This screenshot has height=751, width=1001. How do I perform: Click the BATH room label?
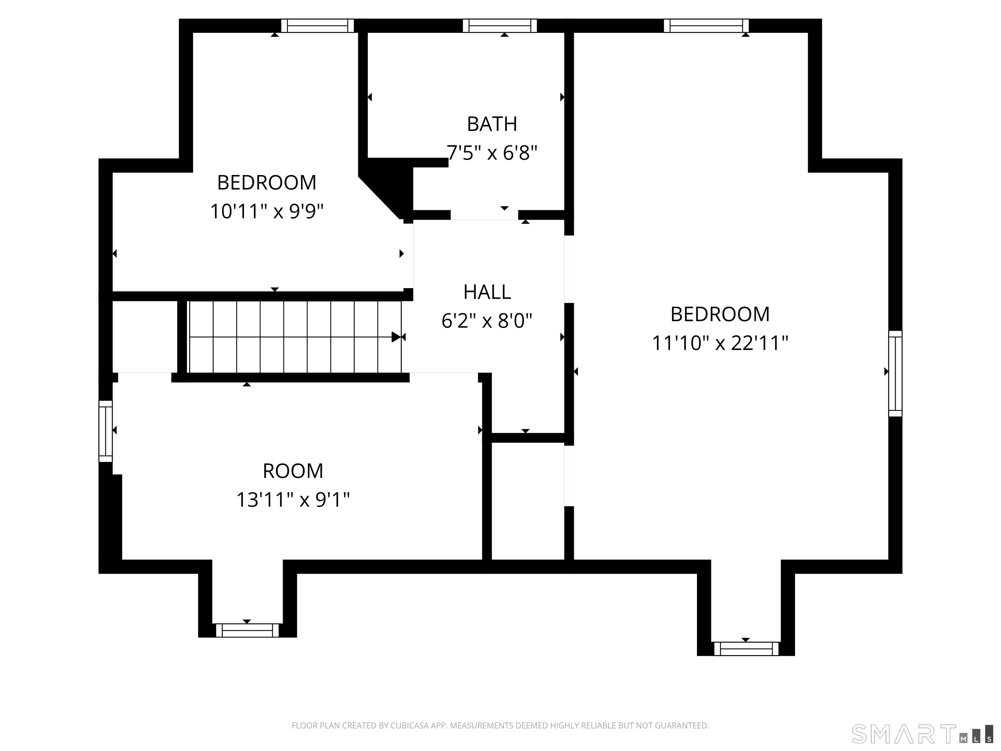pyautogui.click(x=492, y=124)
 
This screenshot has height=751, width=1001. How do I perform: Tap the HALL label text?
pyautogui.click(x=487, y=292)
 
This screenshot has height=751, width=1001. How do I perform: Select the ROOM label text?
pyautogui.click(x=293, y=471)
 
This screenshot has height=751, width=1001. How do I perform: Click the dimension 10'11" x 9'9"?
pyautogui.click(x=267, y=212)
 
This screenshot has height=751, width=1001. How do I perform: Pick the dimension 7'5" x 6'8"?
pyautogui.click(x=492, y=153)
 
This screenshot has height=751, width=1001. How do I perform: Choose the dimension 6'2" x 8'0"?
pyautogui.click(x=487, y=321)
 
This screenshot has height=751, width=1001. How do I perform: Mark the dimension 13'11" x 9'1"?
pyautogui.click(x=293, y=500)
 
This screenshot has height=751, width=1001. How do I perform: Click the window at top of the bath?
pyautogui.click(x=500, y=26)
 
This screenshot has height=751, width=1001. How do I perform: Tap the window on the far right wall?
pyautogui.click(x=895, y=374)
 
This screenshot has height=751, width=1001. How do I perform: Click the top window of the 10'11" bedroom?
pyautogui.click(x=317, y=26)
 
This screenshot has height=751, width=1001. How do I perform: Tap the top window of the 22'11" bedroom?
pyautogui.click(x=706, y=26)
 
